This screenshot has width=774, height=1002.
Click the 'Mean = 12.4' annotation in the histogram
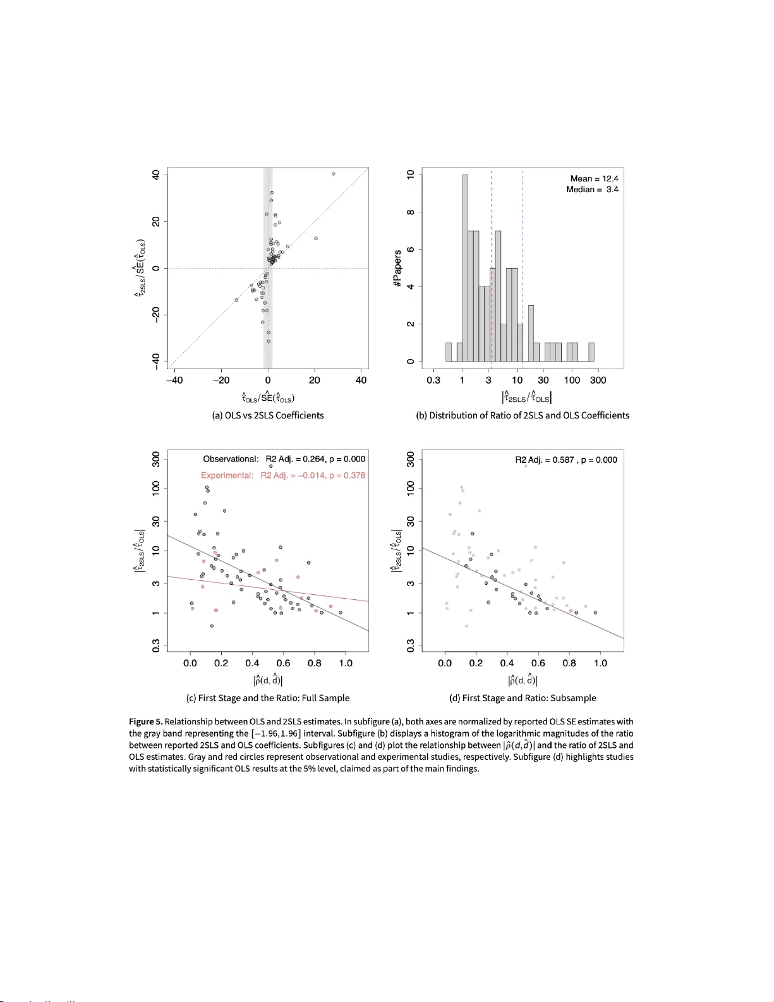coord(594,178)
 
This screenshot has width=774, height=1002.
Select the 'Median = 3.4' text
coord(592,189)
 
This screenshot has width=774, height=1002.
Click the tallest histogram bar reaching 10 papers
coord(465,266)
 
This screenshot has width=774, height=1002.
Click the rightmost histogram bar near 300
coord(591,352)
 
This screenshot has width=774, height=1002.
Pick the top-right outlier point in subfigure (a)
coord(334,174)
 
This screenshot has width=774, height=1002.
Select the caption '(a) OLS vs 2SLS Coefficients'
coord(267,415)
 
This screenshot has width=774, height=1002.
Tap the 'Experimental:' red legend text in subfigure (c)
coord(227,475)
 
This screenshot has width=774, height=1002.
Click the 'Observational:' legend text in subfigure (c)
coord(231,459)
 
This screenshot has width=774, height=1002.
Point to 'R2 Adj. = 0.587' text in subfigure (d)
coord(544,460)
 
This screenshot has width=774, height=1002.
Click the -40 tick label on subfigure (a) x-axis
coord(174,380)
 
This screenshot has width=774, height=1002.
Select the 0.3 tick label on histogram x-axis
coord(433,380)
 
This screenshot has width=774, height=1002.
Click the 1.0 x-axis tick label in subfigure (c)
coord(346,663)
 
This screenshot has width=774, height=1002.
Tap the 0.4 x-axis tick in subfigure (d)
coord(507,663)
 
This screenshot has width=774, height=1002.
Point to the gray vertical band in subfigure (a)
coord(268,316)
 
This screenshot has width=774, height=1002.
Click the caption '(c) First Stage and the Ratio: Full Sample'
coord(267,698)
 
